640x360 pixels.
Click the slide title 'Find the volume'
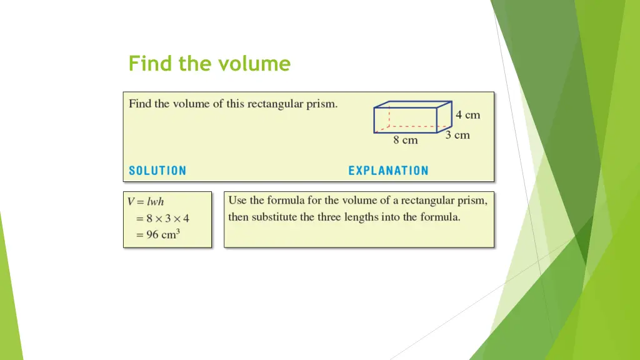(x=209, y=64)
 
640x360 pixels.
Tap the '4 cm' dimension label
(x=467, y=115)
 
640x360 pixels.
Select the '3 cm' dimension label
(x=457, y=135)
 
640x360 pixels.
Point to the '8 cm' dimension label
(x=405, y=141)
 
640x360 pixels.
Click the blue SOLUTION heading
(x=157, y=171)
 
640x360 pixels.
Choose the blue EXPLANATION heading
(x=388, y=171)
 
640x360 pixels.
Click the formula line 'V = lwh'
(x=146, y=202)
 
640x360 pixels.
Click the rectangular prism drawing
(x=412, y=117)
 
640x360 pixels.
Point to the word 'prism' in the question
(x=322, y=104)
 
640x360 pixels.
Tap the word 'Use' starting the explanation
(x=237, y=201)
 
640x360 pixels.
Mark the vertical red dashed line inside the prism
(x=389, y=117)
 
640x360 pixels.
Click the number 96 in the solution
(x=152, y=236)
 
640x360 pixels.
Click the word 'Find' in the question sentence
(x=141, y=104)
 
